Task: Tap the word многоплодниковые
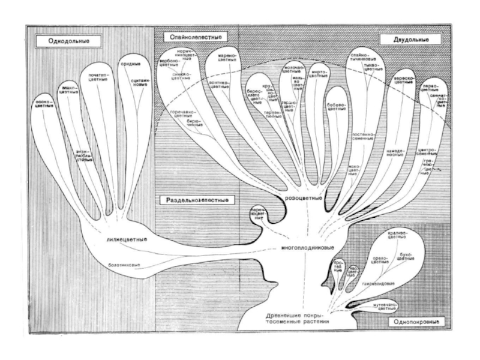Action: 307,247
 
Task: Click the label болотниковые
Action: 124,264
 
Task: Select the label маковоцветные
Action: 354,169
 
